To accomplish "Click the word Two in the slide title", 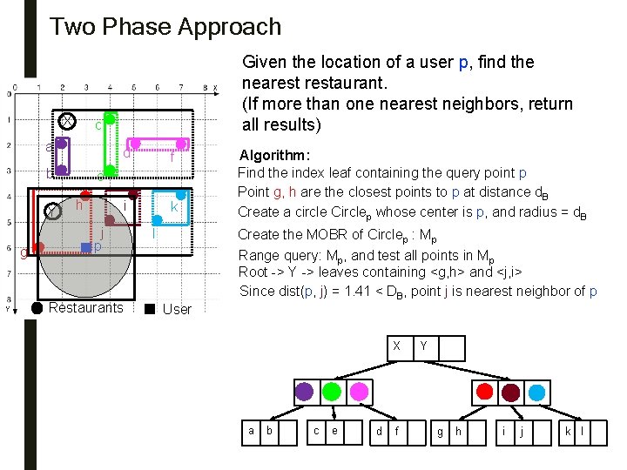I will [68, 27].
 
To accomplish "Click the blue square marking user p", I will [85, 248].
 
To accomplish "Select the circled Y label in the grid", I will [52, 211].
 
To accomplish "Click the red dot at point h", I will [85, 195].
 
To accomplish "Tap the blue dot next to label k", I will [181, 195].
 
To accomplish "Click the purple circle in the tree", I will [304, 392].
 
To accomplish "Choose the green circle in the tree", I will [332, 392].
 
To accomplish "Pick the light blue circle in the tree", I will [538, 392].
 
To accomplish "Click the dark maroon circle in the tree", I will [510, 392].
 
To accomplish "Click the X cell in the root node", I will [396, 346].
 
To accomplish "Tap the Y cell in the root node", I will [424, 346].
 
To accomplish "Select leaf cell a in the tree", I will [252, 430].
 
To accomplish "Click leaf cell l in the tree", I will [582, 430].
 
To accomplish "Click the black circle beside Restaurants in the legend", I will [37, 307].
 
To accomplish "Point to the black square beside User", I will [150, 308].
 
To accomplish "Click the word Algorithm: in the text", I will [274, 155].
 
